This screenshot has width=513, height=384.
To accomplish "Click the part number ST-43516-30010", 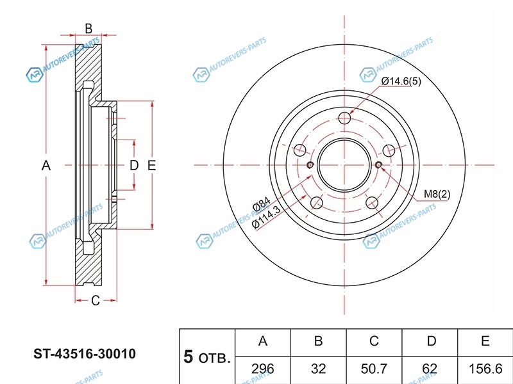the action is coord(85,354).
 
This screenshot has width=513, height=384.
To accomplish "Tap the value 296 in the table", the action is coord(263,369).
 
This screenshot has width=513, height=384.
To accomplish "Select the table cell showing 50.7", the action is coord(374,369).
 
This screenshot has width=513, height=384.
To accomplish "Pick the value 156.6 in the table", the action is coord(485,369).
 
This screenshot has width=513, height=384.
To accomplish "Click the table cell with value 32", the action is coord(318,369).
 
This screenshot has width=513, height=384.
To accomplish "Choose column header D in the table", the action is coord(432,341).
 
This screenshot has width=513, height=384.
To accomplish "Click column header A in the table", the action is coord(263,341).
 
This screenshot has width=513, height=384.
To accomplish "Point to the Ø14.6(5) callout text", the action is coord(401,81).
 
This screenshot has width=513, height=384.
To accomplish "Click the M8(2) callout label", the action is coord(437,194).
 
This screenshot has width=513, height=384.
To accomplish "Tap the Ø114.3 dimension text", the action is coord(267,218).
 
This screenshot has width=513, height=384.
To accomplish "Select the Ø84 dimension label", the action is coord(262,204).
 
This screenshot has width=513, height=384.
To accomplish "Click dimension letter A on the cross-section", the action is coord(46,166).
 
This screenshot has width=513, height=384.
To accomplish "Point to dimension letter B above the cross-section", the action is coord(88,29).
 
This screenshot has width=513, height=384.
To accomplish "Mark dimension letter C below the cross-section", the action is coord(95,301).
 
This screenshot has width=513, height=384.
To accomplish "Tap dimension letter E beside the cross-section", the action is coord(151,166).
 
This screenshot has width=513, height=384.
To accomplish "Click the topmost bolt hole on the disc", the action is coord(344,118).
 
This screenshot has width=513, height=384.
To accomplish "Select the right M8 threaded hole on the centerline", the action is coord(378,165).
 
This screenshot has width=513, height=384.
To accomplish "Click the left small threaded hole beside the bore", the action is coord(310,165).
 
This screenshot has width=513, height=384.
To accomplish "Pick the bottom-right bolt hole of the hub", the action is coord(372,203).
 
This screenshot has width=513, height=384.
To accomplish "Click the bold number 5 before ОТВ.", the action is coord(188,356).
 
